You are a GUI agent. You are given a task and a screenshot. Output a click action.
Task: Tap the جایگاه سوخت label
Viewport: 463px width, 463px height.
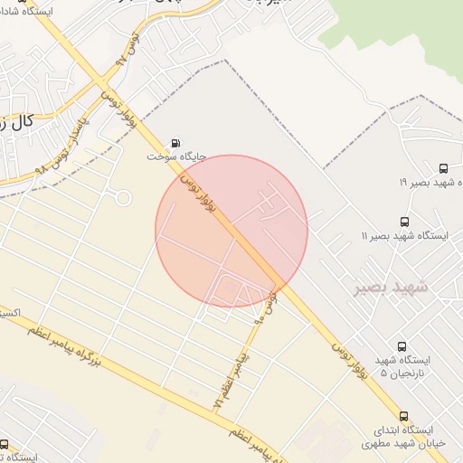(177, 156)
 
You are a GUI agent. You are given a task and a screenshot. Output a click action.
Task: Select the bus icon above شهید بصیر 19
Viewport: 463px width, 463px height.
(443, 168)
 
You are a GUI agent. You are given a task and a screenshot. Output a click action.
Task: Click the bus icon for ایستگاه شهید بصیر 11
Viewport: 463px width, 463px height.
(403, 221)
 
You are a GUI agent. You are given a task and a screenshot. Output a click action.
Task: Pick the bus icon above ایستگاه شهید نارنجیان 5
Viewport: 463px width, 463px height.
(402, 345)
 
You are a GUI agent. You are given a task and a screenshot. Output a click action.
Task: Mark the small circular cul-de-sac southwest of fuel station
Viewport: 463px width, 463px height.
(122, 198)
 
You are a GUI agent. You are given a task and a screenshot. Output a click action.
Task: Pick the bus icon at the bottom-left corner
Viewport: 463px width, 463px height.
(5, 444)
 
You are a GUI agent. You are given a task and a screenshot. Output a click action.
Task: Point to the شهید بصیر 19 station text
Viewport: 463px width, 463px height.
(430, 183)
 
